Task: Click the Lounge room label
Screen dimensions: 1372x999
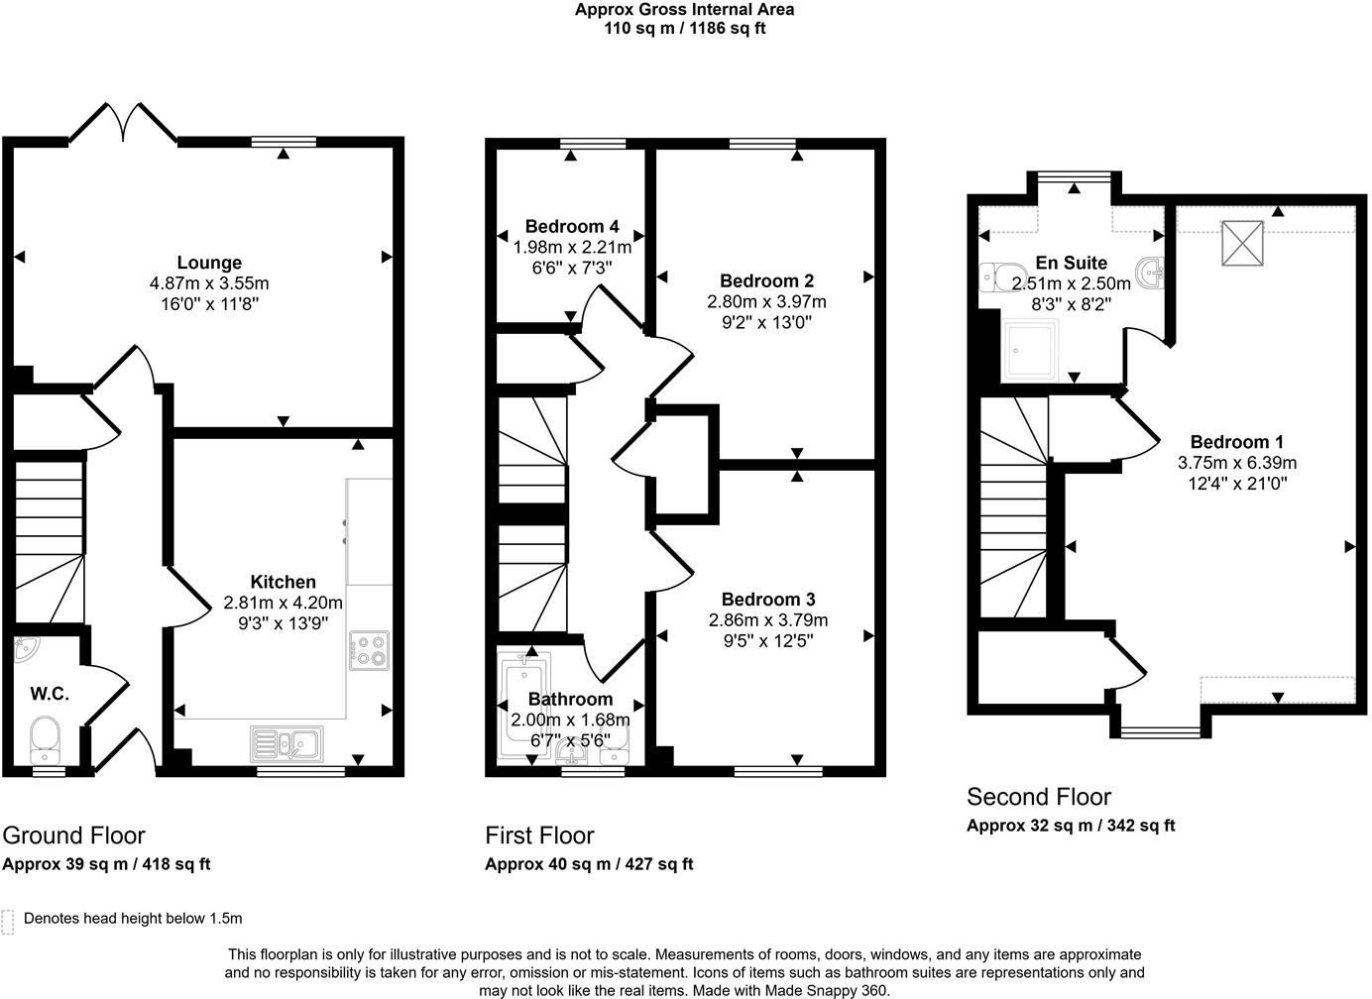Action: click(x=209, y=263)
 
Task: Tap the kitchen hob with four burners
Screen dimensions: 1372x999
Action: click(x=370, y=650)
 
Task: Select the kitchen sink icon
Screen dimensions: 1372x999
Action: click(x=286, y=744)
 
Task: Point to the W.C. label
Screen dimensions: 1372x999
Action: click(x=50, y=694)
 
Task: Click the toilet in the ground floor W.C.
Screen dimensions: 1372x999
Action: click(x=46, y=739)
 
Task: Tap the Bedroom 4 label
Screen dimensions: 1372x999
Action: click(x=572, y=227)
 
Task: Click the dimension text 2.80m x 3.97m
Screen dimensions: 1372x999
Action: click(x=767, y=301)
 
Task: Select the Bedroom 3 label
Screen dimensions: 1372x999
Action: click(x=768, y=599)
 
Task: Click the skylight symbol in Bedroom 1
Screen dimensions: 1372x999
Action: click(x=1243, y=243)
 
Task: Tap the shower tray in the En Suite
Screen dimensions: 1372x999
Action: click(x=1030, y=351)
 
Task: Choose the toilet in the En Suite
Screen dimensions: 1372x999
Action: click(x=1002, y=277)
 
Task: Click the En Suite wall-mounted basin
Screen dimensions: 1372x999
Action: click(x=1150, y=273)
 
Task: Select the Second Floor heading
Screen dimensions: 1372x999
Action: click(x=1039, y=797)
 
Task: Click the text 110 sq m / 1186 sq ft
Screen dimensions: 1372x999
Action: click(x=685, y=28)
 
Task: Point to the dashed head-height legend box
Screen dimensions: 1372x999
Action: click(x=7, y=922)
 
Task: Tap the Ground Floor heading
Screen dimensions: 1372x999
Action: click(x=73, y=835)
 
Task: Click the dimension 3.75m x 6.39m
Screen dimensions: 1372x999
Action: click(x=1236, y=463)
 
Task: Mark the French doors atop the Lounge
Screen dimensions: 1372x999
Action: click(x=123, y=123)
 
